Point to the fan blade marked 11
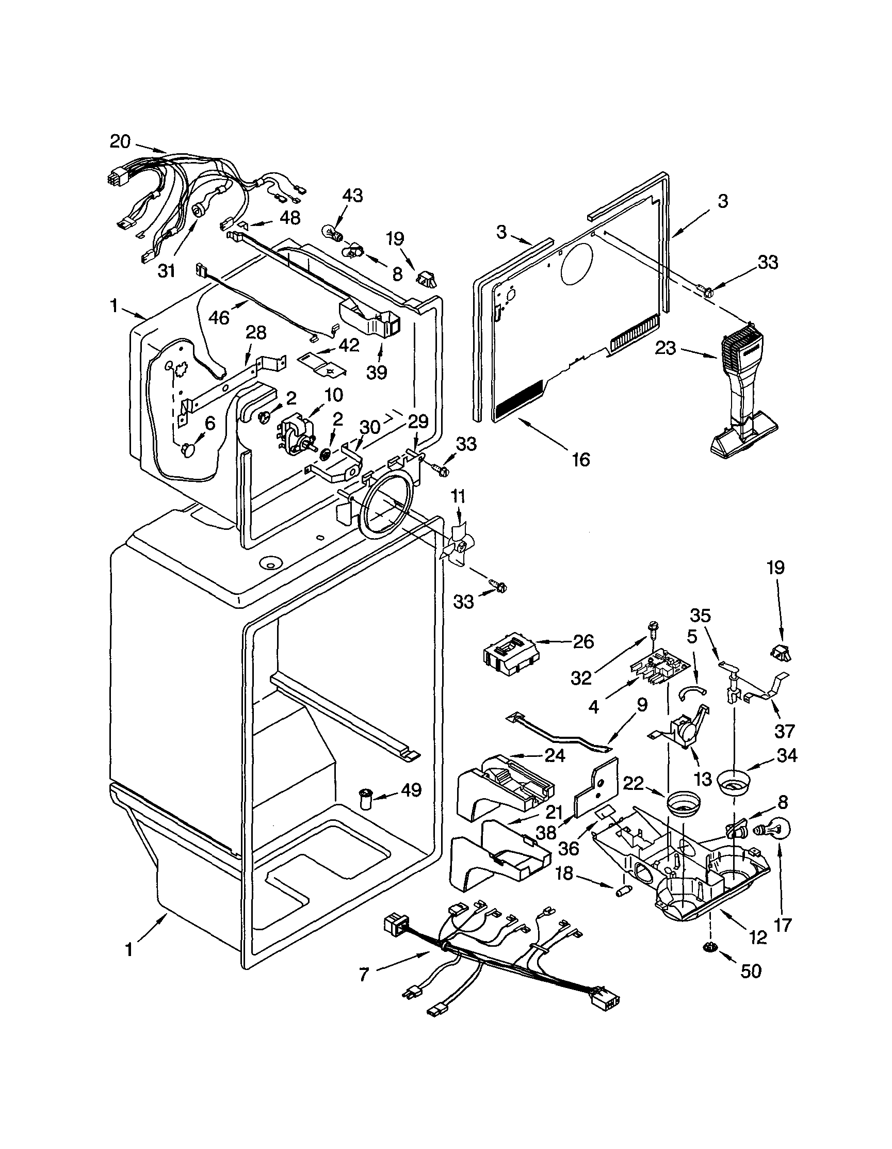pyautogui.click(x=454, y=551)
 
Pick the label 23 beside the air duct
pyautogui.click(x=665, y=348)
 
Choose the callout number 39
pyautogui.click(x=377, y=371)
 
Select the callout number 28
pyautogui.click(x=255, y=333)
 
